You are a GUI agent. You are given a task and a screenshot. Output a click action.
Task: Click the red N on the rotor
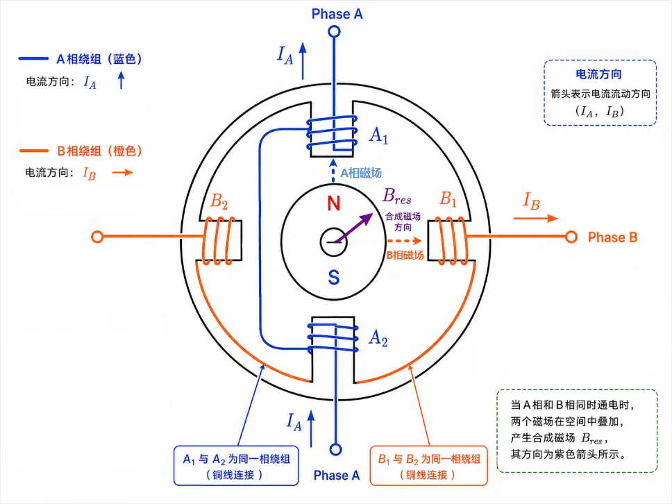333,203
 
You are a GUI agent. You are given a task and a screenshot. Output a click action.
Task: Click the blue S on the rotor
334,277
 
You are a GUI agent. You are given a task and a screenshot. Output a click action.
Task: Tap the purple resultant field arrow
353,228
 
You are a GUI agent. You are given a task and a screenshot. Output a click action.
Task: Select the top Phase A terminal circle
335,31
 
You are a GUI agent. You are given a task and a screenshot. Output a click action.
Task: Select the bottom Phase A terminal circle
335,449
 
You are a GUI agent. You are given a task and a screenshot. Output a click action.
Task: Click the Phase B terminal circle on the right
571,237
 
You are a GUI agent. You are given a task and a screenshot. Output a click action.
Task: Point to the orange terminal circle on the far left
97,237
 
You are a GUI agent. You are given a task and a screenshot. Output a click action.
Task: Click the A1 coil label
378,135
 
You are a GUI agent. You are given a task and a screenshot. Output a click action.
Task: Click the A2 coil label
378,337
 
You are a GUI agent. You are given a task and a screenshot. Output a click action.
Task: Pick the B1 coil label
448,199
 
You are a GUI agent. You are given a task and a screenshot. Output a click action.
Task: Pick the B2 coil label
219,201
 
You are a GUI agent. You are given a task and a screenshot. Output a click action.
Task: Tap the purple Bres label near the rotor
397,196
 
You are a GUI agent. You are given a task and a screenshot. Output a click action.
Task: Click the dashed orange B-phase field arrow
405,241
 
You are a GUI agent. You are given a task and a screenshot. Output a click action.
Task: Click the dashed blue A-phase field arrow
333,171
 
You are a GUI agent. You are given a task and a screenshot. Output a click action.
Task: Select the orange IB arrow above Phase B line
536,218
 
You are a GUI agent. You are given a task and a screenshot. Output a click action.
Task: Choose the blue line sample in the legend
33,58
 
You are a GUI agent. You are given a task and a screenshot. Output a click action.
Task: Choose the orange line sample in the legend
34,151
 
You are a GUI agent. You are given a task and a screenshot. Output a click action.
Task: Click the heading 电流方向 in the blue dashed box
598,74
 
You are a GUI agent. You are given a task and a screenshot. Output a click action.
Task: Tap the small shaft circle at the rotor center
333,242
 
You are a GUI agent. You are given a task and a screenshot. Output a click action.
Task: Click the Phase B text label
612,237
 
